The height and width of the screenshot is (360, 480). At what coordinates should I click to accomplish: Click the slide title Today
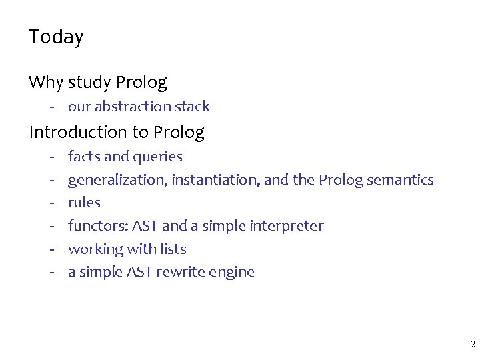(x=56, y=37)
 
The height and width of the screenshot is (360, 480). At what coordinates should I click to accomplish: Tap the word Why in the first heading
(x=45, y=83)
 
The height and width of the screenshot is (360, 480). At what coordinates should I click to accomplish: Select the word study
(x=89, y=83)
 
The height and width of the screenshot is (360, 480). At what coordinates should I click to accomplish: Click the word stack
(x=193, y=107)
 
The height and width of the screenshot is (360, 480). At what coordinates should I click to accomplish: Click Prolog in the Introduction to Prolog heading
(x=179, y=133)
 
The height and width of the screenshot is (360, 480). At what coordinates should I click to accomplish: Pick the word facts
(x=84, y=157)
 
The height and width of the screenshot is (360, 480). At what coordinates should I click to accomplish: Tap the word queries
(x=157, y=157)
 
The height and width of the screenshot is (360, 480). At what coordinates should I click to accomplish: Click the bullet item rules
(x=84, y=203)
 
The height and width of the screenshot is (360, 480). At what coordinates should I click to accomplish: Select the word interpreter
(x=286, y=227)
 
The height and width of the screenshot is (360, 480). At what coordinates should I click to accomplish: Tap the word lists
(x=173, y=249)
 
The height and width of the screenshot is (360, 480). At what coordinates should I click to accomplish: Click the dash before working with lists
(x=51, y=249)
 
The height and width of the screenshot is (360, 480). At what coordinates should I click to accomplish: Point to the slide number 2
(x=472, y=345)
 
